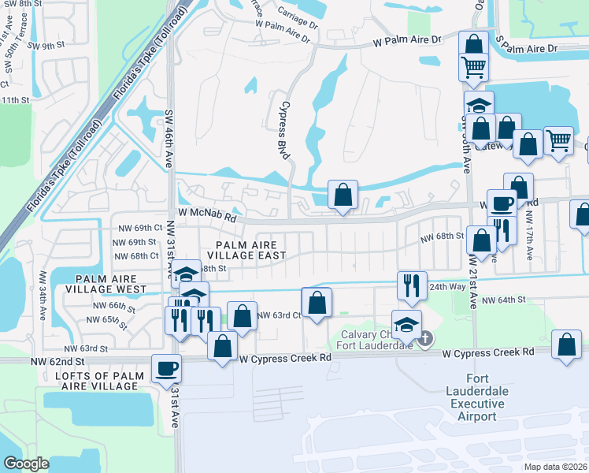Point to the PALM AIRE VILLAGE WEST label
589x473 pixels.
[x=109, y=284]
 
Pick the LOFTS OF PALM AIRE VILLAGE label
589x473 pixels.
[x=99, y=381]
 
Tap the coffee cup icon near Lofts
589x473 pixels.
[x=167, y=367]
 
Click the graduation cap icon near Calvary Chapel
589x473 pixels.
[x=406, y=324]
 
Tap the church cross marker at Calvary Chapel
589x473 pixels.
[x=424, y=339]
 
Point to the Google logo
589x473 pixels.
[x=26, y=464]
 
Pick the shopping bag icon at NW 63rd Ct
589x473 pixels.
[x=317, y=302]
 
